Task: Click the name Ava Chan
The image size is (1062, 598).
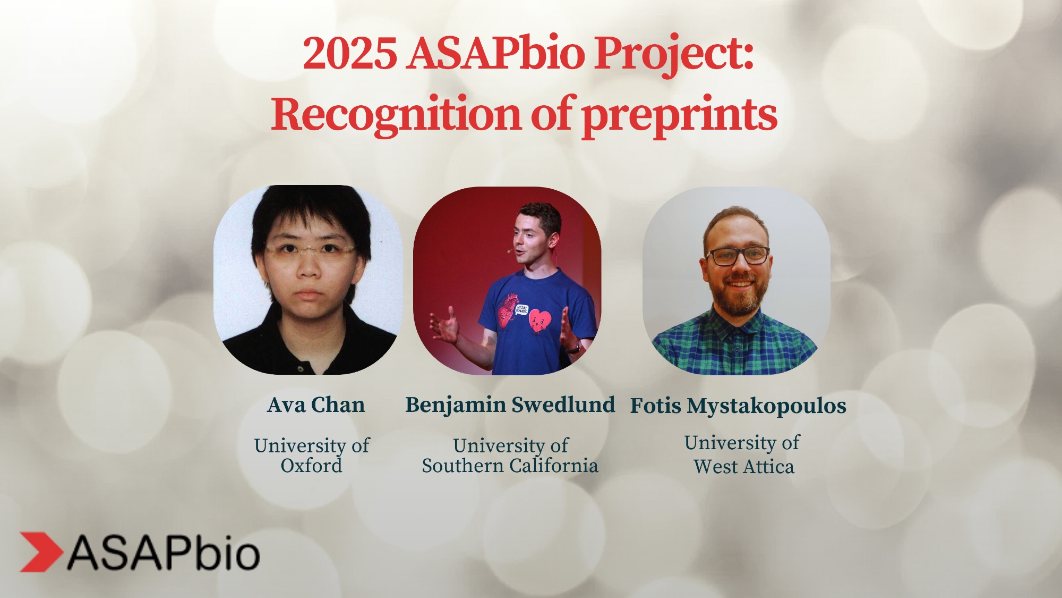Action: [x=316, y=405]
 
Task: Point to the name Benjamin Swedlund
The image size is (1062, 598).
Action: [x=510, y=405]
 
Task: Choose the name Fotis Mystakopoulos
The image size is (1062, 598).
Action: [x=738, y=406]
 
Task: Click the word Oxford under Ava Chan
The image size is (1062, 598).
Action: [x=311, y=466]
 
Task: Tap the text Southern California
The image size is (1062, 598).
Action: [x=510, y=466]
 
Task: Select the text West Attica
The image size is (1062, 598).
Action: [x=744, y=467]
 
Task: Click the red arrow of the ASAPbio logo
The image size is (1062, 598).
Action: [x=41, y=552]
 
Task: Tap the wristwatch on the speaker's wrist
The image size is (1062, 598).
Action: [x=574, y=348]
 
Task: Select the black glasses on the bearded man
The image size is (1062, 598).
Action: [x=738, y=256]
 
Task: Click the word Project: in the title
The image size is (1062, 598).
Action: [x=673, y=54]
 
